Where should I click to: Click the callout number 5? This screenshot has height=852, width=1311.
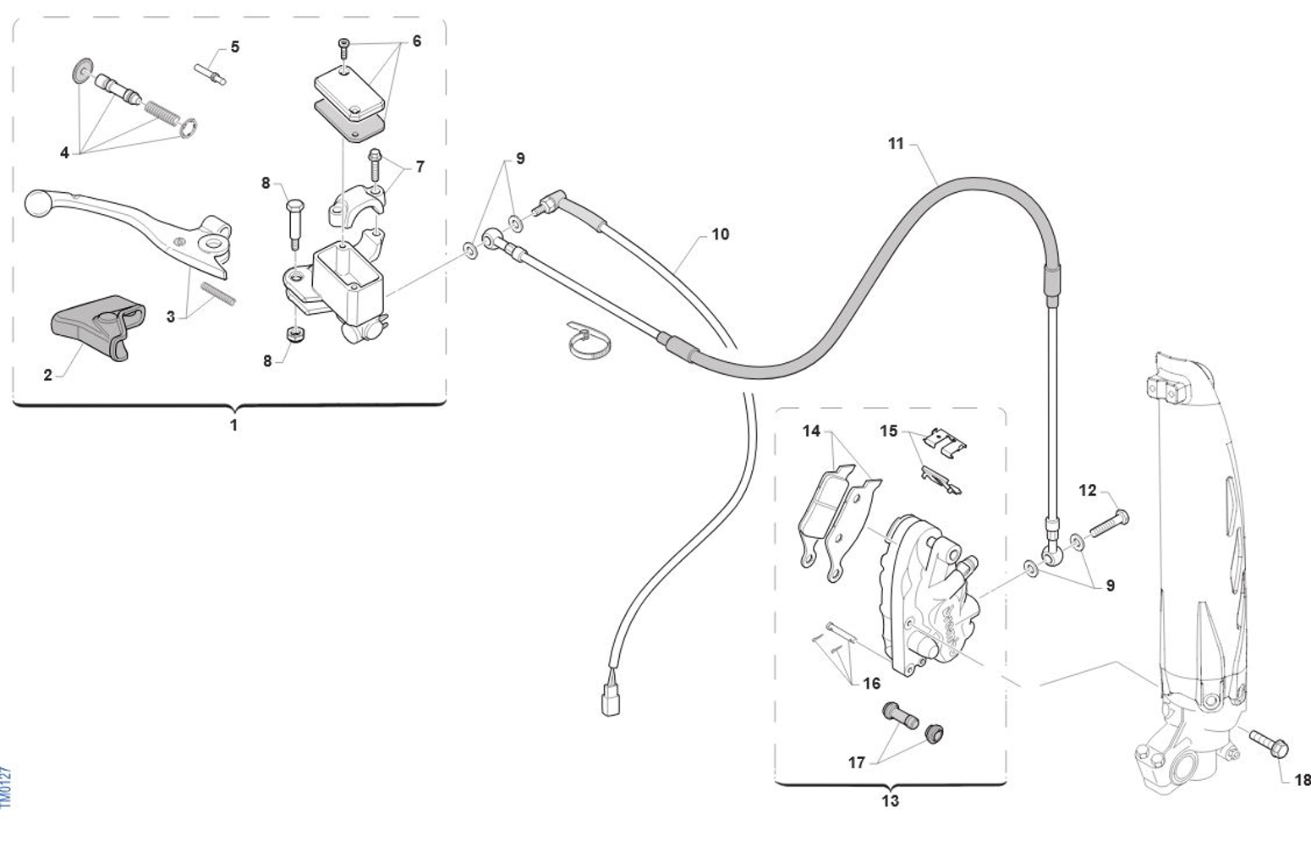[x=235, y=47]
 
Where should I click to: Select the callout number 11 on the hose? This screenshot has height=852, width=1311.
[x=896, y=144]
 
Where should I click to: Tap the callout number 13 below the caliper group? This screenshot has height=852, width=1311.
[x=890, y=800]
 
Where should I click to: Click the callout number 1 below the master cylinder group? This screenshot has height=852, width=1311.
[x=234, y=425]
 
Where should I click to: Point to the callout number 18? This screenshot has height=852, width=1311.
[x=1302, y=780]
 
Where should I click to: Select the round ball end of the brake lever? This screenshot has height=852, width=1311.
[x=37, y=203]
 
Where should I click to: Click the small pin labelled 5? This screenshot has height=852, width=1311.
[x=211, y=74]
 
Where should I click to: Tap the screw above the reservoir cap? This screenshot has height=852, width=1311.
[x=343, y=48]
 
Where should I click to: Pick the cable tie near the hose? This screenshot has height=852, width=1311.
[x=589, y=341]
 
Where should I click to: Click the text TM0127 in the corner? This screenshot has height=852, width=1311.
[x=7, y=787]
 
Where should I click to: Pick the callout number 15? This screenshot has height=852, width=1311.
[x=888, y=431]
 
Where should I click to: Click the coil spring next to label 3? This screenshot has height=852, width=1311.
[x=218, y=293]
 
